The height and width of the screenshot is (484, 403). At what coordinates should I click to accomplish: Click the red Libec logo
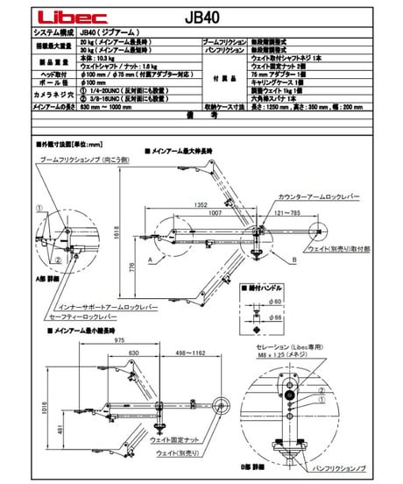pos(58,15)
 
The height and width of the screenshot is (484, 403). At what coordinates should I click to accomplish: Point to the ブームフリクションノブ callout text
pos(86,161)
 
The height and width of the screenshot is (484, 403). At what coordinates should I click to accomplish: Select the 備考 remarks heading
pos(201,114)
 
